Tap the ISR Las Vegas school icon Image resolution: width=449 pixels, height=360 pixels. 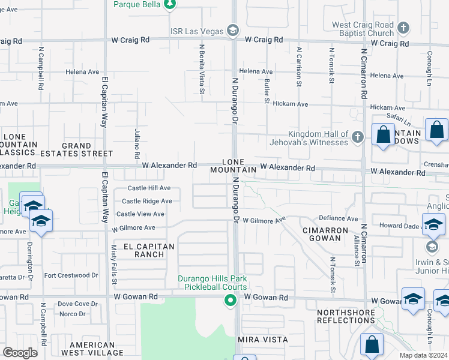pos(233,31)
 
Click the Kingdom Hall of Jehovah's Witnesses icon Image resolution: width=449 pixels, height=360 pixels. pos(358,137)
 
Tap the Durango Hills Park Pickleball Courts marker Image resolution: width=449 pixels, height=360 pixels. pos(229,301)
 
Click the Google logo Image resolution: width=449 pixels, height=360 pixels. pos(20,353)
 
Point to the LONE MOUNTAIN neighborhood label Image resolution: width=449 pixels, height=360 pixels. pos(234,166)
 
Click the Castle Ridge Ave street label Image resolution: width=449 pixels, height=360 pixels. pos(146,201)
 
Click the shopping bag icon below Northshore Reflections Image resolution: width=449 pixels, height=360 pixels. pos(372,344)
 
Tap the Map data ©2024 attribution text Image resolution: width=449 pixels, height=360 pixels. pos(423,355)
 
